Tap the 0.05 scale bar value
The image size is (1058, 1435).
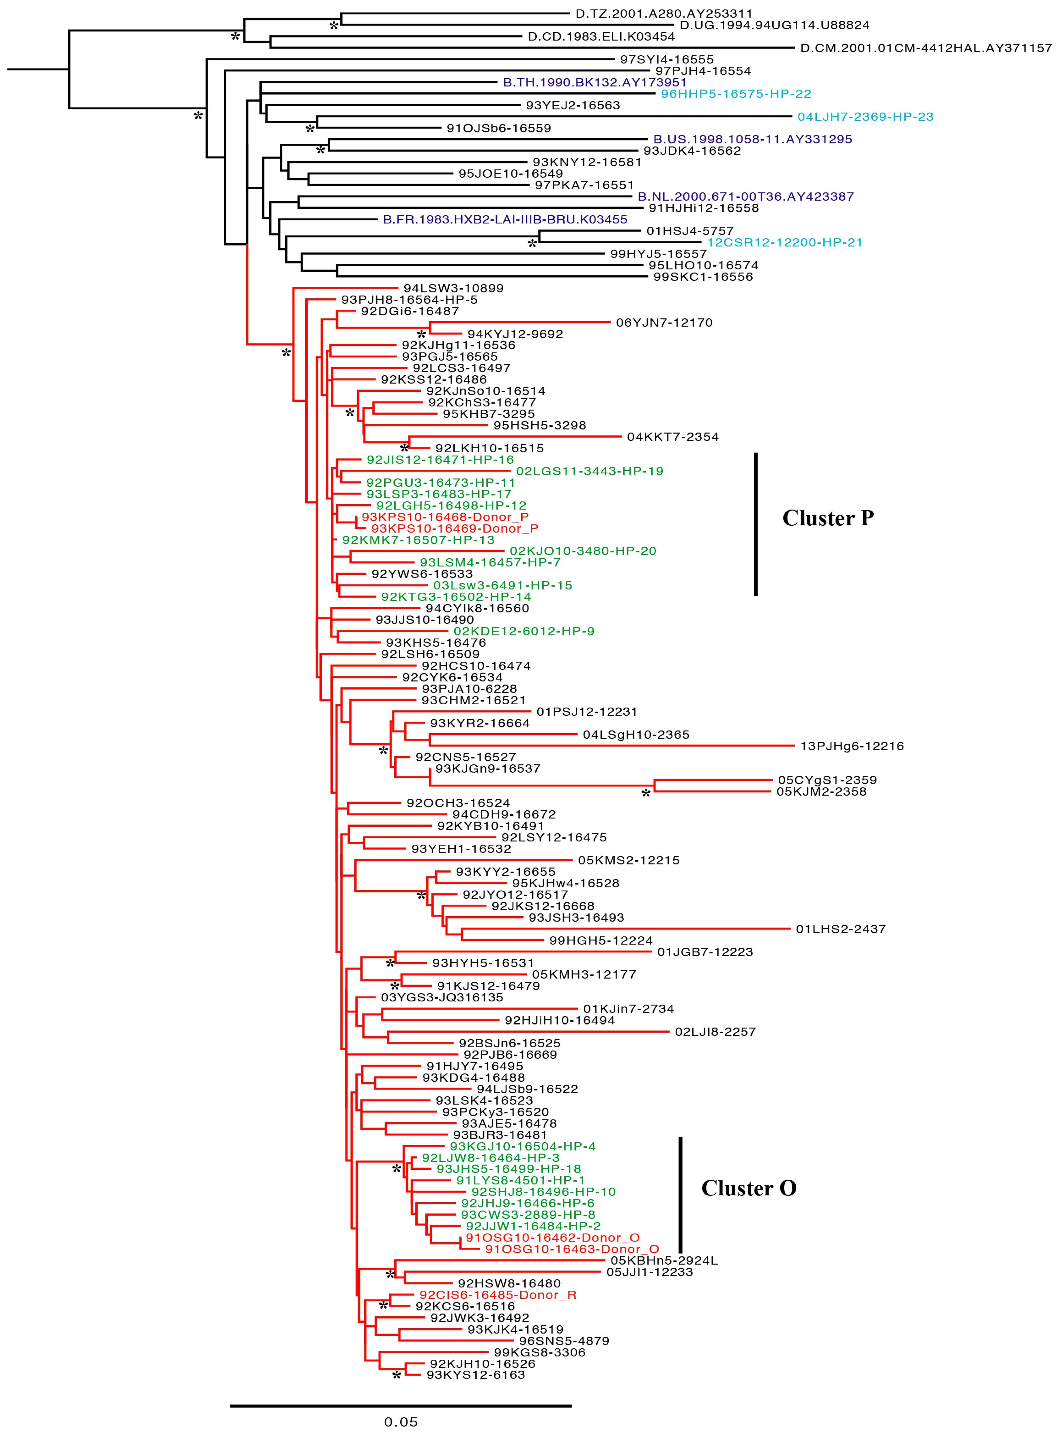coord(401,1421)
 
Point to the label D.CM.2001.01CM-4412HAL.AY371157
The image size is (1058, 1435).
coord(926,48)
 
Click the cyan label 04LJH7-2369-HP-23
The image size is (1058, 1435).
coord(865,117)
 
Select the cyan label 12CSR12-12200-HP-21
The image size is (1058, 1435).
coord(784,242)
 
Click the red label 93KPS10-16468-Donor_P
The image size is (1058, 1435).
coord(445,517)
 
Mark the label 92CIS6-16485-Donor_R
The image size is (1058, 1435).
coord(498,1295)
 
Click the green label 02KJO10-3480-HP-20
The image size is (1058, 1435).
coord(583,551)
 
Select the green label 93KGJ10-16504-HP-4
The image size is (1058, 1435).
coord(523,1146)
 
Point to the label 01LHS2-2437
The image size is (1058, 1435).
coord(840,929)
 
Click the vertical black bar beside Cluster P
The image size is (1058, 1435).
coord(756,524)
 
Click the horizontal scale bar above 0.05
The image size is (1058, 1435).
coord(401,1406)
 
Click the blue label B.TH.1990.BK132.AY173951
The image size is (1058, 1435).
coord(594,82)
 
